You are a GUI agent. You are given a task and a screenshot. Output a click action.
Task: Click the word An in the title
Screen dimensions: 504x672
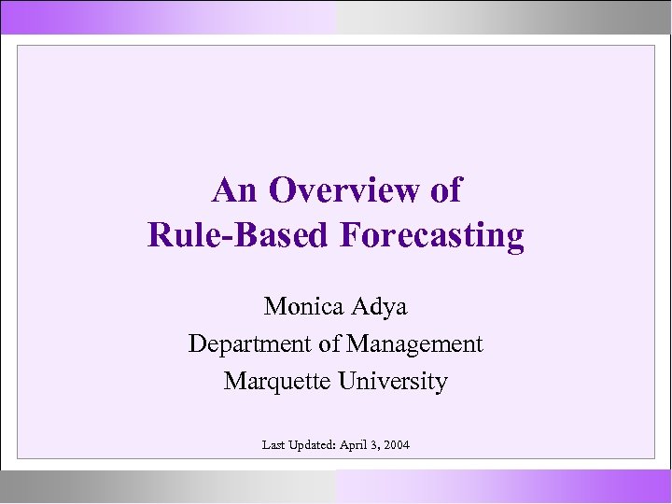click(x=234, y=190)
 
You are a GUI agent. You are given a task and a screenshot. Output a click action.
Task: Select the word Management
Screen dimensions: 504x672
click(x=414, y=343)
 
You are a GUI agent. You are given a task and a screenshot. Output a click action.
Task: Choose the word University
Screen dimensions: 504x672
click(x=395, y=381)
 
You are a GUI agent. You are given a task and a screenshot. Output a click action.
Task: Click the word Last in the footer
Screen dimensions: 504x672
click(x=274, y=445)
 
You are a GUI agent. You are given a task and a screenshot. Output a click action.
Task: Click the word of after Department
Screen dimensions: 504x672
click(x=329, y=343)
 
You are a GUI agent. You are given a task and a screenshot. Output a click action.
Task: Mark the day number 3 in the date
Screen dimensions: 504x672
click(x=374, y=445)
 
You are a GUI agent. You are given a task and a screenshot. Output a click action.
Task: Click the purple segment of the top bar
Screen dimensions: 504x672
click(x=168, y=17)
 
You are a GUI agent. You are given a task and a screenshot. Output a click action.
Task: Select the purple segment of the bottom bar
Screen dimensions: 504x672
click(x=504, y=485)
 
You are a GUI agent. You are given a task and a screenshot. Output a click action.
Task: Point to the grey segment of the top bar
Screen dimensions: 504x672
click(x=504, y=17)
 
